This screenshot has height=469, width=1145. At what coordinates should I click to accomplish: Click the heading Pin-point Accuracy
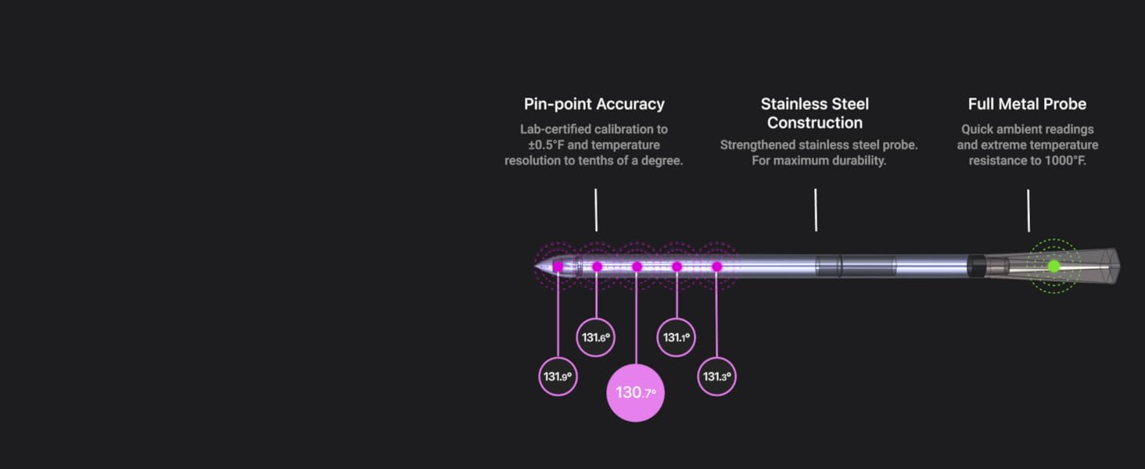coord(594,104)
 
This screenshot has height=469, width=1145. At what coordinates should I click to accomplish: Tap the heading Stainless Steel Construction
coord(815,113)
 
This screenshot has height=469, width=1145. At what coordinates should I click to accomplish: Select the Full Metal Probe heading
coord(1027,104)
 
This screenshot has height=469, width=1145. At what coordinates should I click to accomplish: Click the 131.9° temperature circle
coord(558,377)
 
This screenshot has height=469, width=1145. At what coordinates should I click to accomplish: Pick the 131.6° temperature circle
coord(596,337)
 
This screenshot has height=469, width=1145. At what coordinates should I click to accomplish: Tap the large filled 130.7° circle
coord(635,393)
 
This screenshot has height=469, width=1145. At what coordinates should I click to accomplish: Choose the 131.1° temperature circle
coord(676,337)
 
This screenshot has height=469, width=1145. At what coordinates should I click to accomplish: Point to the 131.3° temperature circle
coord(716,377)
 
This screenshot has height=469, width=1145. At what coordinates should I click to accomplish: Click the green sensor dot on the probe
coord(1054,267)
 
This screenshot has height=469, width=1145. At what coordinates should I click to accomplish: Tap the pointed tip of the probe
coord(535,266)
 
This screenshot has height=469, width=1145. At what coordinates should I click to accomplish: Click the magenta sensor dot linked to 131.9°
coord(558,267)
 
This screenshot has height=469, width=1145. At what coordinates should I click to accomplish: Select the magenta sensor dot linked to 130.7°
coord(637,267)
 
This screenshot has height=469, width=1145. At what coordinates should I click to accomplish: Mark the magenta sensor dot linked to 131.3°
coord(716,267)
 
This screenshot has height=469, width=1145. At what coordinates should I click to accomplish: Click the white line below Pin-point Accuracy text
coord(596,210)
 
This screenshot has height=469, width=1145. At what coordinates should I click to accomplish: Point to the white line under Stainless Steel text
coord(816,210)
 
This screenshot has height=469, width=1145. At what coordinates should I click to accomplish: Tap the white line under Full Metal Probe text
coord(1028,210)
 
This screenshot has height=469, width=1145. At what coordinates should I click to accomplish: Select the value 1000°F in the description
coord(1064,161)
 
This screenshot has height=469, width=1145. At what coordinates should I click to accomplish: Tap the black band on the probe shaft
coord(976,267)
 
